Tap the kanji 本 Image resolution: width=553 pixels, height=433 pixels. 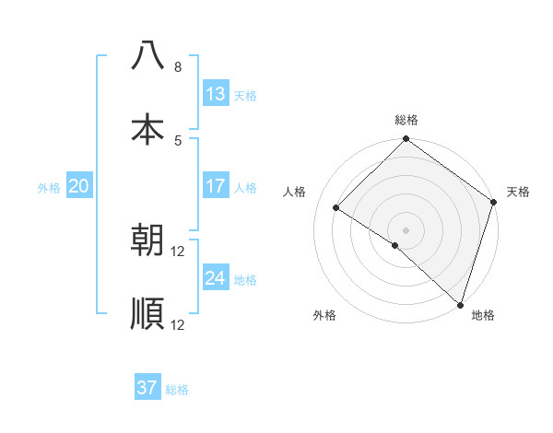coord(147,129)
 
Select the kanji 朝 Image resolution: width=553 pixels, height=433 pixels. coord(147,240)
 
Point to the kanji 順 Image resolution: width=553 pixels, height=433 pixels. coord(147,313)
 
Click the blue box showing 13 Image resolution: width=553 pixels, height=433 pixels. coord(215,94)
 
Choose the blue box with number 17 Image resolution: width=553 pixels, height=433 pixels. coord(215,186)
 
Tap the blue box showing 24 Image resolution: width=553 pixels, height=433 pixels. coord(215,278)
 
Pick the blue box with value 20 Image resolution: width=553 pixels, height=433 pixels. coord(78,186)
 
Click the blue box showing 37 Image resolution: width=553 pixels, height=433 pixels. coord(147,388)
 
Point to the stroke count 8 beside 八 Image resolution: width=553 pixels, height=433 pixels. coord(177,67)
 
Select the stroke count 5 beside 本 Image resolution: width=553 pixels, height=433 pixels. coord(177,140)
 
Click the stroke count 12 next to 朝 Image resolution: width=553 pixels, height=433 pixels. coord(178,251)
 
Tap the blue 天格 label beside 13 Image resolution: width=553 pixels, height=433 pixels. coord(244,95)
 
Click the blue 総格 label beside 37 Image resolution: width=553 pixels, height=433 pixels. coord(177,390)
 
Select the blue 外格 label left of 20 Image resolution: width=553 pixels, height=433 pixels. coord(49,187)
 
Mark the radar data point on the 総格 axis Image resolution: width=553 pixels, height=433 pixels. coord(406,139)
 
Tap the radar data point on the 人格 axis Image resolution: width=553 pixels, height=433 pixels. coord(336,208)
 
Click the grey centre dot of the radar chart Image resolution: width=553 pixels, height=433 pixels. coord(406,229)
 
